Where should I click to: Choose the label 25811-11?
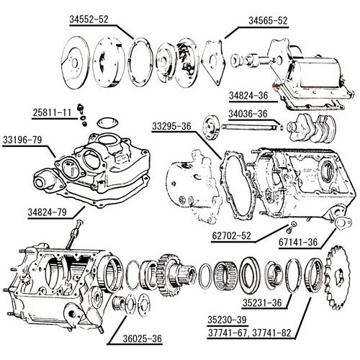tap(52, 112)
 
